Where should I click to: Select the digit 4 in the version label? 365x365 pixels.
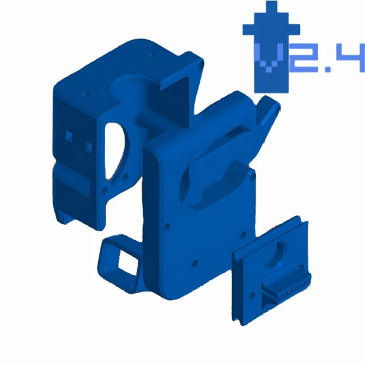click(x=350, y=60)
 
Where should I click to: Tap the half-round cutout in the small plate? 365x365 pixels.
click(x=279, y=252)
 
